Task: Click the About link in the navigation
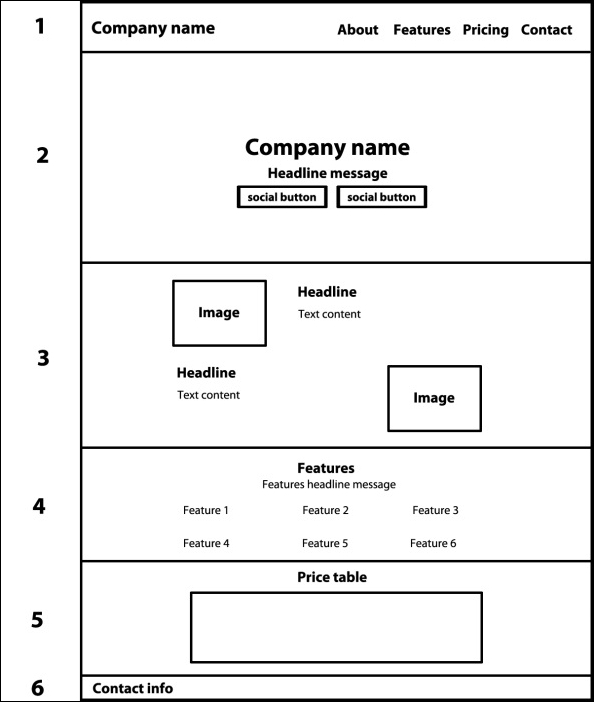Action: click(x=357, y=30)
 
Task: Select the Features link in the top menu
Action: click(x=421, y=30)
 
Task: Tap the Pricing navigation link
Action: click(x=485, y=30)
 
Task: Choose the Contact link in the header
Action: click(x=546, y=30)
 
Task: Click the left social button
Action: click(x=282, y=197)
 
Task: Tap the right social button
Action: click(x=381, y=197)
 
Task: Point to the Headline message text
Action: click(x=327, y=173)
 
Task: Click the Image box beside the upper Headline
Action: click(x=219, y=313)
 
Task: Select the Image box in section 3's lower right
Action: click(x=434, y=398)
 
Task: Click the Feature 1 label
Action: click(x=206, y=511)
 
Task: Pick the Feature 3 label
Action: click(x=435, y=511)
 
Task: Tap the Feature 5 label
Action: click(x=325, y=544)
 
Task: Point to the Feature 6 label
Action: click(x=433, y=544)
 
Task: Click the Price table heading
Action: click(x=332, y=578)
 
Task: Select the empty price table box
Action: click(x=336, y=627)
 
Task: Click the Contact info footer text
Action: click(x=132, y=688)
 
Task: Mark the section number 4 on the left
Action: click(x=39, y=506)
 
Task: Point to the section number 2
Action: click(x=42, y=156)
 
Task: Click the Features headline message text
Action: click(x=329, y=485)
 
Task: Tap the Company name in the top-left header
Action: click(x=153, y=28)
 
